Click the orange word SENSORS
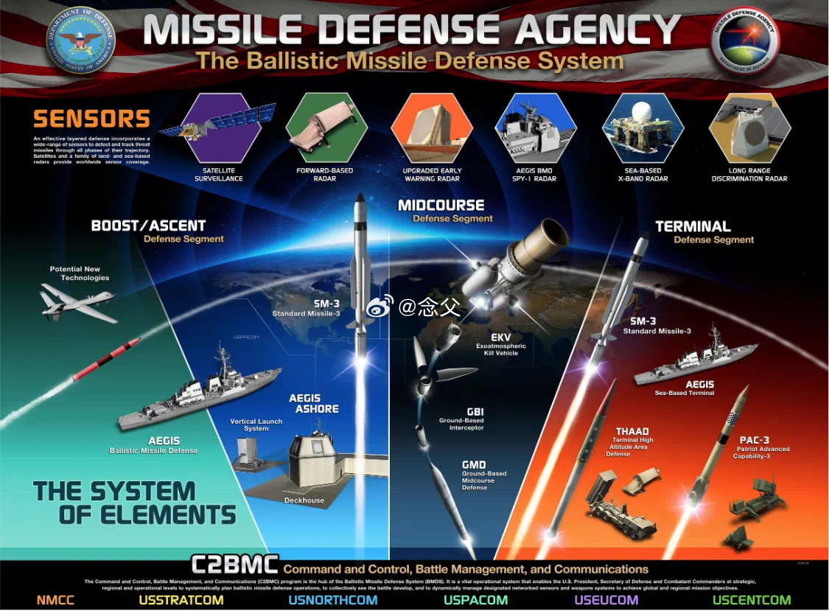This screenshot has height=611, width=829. [91, 119]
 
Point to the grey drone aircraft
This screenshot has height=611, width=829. [77, 301]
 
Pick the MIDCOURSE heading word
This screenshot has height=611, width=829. [441, 206]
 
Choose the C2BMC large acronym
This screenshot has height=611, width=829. [234, 565]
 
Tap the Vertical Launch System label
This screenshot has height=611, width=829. [256, 425]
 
